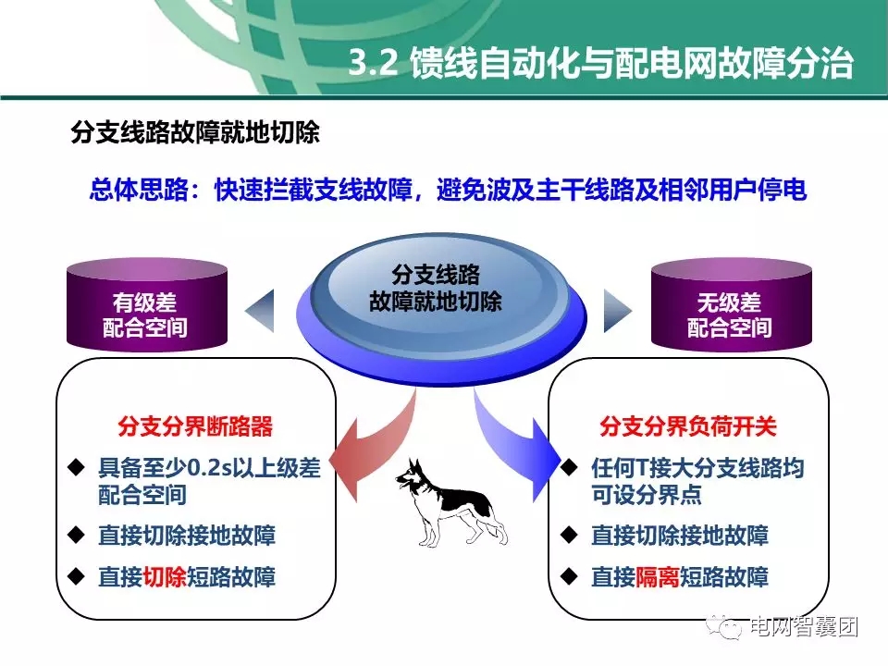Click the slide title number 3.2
coord(374,64)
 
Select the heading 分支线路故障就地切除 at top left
coord(195,133)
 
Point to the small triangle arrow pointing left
coord(262,310)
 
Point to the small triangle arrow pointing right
coord(616,310)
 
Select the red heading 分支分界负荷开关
coord(688,427)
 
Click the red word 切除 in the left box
coord(165,578)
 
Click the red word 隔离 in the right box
coord(658,578)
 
